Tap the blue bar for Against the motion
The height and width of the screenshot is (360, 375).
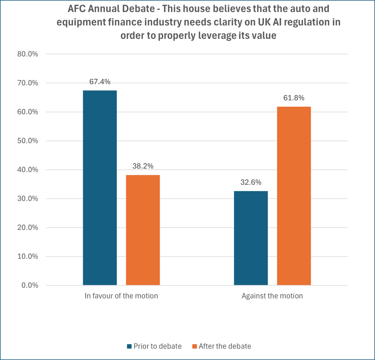[251, 238]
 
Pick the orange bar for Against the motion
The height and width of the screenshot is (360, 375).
[294, 196]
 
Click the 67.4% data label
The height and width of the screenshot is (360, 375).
[100, 82]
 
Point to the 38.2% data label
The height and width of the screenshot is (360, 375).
[143, 166]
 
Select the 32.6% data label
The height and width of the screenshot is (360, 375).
[251, 183]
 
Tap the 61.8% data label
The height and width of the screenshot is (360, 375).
[294, 98]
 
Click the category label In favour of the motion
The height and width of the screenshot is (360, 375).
[121, 296]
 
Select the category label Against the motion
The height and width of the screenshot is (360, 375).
[272, 296]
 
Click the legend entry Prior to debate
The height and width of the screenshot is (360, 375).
[157, 346]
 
